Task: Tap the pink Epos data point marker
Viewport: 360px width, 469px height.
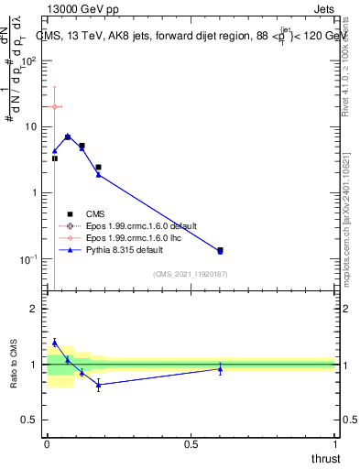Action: pyautogui.click(x=55, y=107)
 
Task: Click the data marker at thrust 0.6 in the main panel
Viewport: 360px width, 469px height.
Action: pyautogui.click(x=220, y=250)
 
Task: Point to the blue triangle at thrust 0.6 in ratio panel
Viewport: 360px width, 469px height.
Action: pyautogui.click(x=220, y=369)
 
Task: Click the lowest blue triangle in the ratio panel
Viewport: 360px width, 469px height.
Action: pyautogui.click(x=98, y=385)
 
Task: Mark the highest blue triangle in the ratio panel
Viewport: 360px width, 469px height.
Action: pyautogui.click(x=55, y=343)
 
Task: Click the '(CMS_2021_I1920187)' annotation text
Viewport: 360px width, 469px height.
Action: pyautogui.click(x=191, y=274)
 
